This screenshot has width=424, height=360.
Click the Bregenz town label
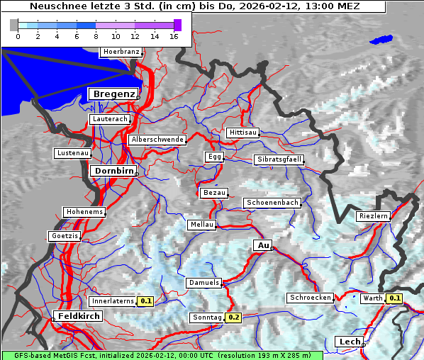(112, 94)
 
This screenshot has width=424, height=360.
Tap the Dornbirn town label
(112, 171)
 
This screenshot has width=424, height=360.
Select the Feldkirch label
(78, 316)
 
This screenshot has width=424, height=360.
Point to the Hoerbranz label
(121, 52)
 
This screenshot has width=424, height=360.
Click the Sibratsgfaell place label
(279, 159)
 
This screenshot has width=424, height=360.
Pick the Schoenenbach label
(272, 203)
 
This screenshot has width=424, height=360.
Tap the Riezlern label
(373, 215)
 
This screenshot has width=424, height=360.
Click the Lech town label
(350, 342)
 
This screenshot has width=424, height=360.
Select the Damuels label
(203, 283)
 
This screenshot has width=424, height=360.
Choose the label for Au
(262, 245)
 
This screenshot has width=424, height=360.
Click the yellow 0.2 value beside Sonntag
(234, 317)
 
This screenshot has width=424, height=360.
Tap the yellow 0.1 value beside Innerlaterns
(146, 301)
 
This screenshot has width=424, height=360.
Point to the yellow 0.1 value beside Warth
(395, 298)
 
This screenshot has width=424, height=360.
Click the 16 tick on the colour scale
(174, 36)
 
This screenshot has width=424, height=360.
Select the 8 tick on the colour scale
(96, 36)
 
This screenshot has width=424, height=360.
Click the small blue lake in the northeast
(381, 40)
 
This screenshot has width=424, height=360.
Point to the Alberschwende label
(157, 140)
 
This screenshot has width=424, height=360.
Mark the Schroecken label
(311, 298)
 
